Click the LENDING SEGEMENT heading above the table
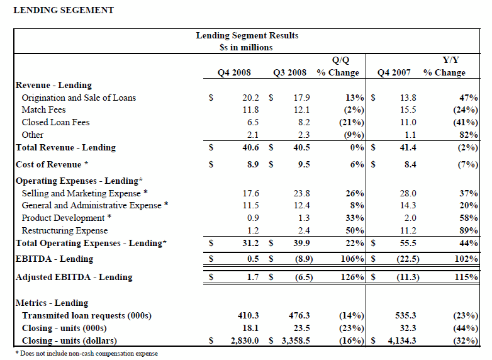coord(64,10)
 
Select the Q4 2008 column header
coord(234,72)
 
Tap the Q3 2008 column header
coord(289,72)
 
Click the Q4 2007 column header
coord(394,72)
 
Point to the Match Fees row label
coord(43,110)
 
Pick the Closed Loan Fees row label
coord(55,122)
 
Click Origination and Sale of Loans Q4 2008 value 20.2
coord(250,98)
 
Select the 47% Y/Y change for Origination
coord(469,98)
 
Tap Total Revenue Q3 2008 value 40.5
coord(301,147)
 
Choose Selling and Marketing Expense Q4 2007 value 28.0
coord(408,193)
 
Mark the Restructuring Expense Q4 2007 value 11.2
coord(408,230)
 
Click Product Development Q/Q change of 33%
coord(355,218)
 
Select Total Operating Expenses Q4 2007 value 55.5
coord(408,243)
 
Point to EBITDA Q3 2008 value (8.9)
coord(304,259)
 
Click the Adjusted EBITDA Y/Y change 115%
coord(466,277)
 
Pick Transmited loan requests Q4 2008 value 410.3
coord(248,315)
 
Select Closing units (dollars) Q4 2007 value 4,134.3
coord(402,340)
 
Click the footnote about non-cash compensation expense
coord(87,354)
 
